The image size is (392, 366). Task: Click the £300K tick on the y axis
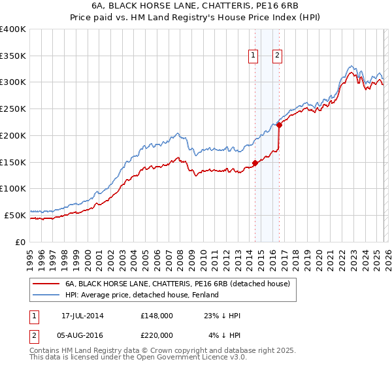pyautogui.click(x=13, y=82)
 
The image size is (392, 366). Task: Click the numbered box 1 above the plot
pyautogui.click(x=253, y=56)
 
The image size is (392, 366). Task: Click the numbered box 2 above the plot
pyautogui.click(x=278, y=56)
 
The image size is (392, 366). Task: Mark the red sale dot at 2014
pyautogui.click(x=255, y=163)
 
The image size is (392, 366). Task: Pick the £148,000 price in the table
pyautogui.click(x=157, y=316)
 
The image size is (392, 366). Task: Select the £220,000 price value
pyautogui.click(x=157, y=336)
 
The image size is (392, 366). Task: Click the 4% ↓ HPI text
pyautogui.click(x=224, y=336)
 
